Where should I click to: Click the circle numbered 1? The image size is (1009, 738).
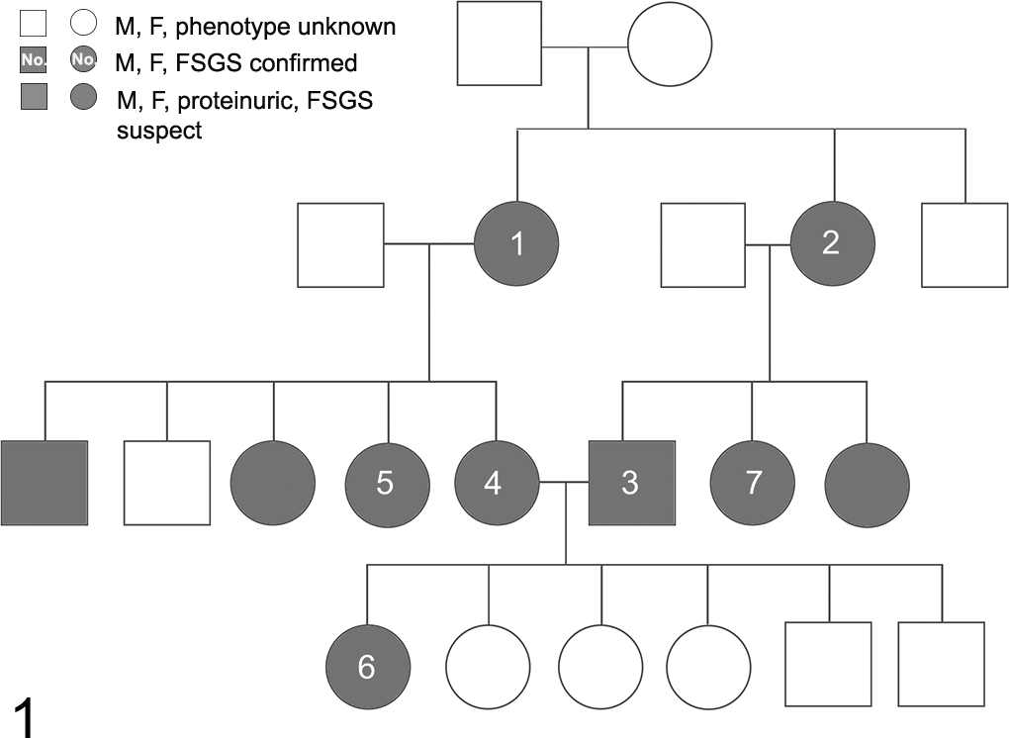point(516,243)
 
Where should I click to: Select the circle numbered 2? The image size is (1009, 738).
point(833,243)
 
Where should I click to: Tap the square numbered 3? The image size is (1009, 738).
point(632,483)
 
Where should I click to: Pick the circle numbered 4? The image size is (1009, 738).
point(497,483)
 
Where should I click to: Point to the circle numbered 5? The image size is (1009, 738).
point(388,483)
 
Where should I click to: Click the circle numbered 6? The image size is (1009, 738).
point(368,666)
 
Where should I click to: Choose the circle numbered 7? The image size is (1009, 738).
point(752,483)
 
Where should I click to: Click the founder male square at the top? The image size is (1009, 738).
point(500,44)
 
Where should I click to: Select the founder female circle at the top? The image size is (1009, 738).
point(670,44)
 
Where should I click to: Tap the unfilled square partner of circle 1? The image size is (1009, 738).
point(340,245)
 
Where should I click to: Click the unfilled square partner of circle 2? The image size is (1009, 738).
point(703,245)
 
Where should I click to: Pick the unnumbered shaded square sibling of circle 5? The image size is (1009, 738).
point(45,483)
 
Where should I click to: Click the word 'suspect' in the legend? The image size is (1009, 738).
point(159,131)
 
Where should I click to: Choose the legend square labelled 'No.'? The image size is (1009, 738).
point(34,59)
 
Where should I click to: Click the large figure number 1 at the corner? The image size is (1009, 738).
point(24,717)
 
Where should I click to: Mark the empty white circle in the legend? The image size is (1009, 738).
point(84,23)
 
